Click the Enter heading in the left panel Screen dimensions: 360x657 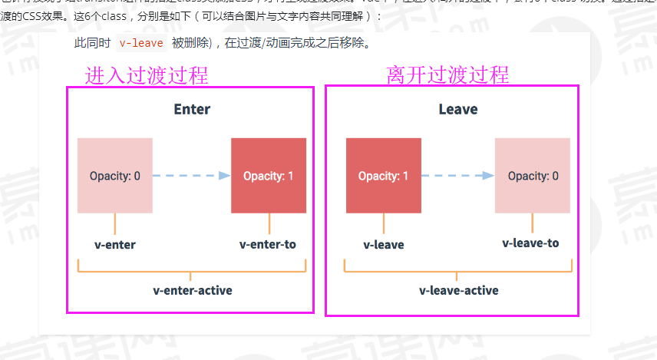click(x=192, y=109)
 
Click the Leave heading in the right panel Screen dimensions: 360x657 click(x=458, y=109)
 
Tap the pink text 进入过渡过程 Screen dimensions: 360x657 click(x=147, y=75)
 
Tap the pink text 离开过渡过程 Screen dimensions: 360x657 click(x=448, y=75)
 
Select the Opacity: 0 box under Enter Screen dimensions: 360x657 click(x=115, y=176)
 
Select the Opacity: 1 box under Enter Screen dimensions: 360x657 click(x=269, y=176)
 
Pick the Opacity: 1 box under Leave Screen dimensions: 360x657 click(x=384, y=176)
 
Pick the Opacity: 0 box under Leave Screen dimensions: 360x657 click(x=533, y=176)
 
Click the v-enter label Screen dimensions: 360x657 click(x=114, y=245)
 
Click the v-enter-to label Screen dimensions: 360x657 click(x=268, y=245)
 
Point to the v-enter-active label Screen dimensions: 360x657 click(x=193, y=290)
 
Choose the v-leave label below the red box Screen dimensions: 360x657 click(x=384, y=245)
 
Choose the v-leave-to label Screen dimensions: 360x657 click(x=531, y=243)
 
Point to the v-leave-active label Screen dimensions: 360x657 click(x=459, y=290)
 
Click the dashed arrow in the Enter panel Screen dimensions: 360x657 click(x=191, y=176)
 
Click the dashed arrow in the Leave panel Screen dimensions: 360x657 click(x=457, y=176)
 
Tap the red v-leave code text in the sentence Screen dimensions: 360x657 click(x=141, y=44)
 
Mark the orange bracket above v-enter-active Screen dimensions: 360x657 click(x=192, y=269)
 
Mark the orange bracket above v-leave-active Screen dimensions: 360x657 click(x=458, y=269)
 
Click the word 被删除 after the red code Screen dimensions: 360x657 click(x=190, y=44)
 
